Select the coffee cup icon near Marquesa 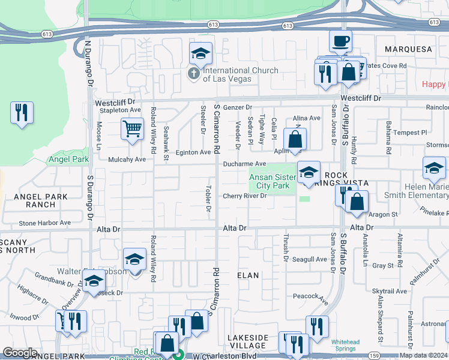(x=340, y=41)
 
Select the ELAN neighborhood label (x=248, y=275)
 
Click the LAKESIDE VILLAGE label (x=248, y=341)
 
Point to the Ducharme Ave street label (x=244, y=164)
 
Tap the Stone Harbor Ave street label (x=44, y=223)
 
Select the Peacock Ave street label (x=310, y=296)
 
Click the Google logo (x=20, y=353)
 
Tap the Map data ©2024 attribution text (x=424, y=355)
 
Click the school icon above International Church (x=201, y=53)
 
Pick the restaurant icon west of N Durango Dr (x=22, y=112)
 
